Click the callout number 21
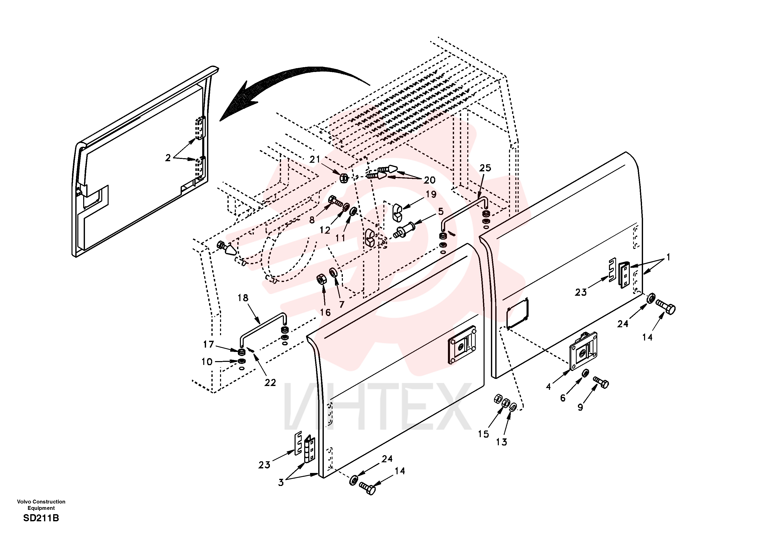315,159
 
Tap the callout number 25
485,168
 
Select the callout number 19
431,194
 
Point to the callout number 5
441,211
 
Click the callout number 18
243,298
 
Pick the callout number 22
270,382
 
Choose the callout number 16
325,313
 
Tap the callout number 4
548,387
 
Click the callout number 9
580,407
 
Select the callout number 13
501,442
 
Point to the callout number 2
168,158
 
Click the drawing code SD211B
41,518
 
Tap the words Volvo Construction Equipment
41,505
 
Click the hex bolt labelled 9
601,382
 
